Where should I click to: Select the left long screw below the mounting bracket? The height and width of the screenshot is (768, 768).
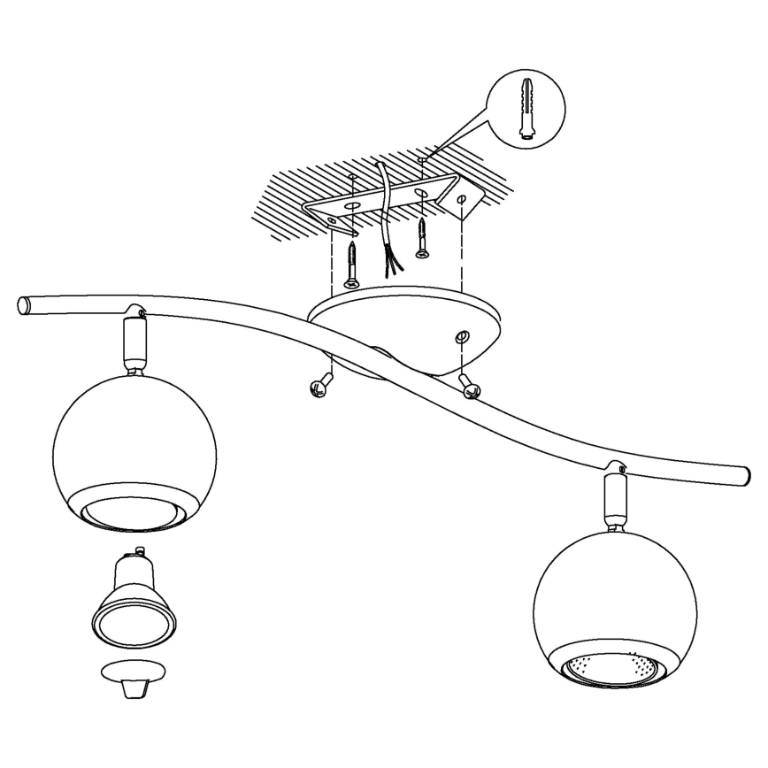pos(351,264)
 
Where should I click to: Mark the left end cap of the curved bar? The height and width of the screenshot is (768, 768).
pos(24,305)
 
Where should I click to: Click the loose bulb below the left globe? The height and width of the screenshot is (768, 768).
pos(131,602)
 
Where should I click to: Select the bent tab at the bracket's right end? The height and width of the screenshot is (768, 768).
pos(463,199)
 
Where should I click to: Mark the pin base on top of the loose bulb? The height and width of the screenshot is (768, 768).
pos(130,563)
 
